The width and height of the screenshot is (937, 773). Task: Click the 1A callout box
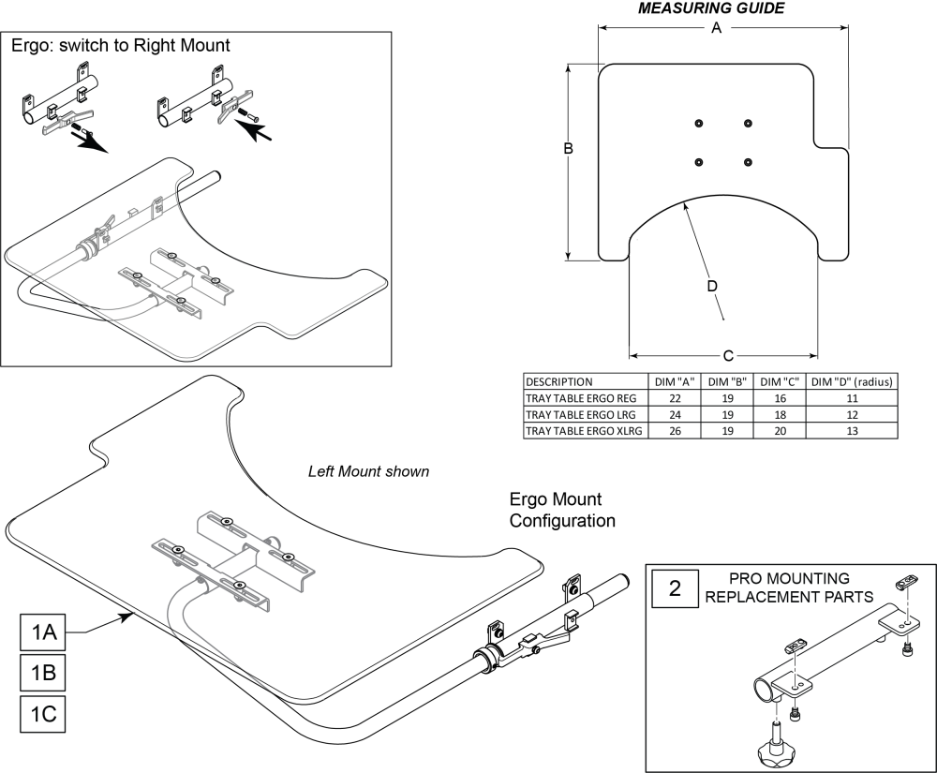pos(43,633)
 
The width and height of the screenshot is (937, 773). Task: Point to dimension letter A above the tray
pos(717,28)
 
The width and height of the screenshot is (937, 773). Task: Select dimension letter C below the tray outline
pos(727,356)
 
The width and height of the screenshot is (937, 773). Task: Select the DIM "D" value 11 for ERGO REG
pos(852,397)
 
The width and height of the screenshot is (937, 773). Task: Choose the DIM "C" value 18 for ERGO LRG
pos(780,413)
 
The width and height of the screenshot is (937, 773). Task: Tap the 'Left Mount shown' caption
pos(369,471)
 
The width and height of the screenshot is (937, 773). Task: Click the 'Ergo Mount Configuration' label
pos(562,510)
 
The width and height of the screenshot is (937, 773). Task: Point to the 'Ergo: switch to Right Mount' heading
pos(119,45)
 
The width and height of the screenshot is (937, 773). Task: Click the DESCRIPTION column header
pos(559,381)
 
